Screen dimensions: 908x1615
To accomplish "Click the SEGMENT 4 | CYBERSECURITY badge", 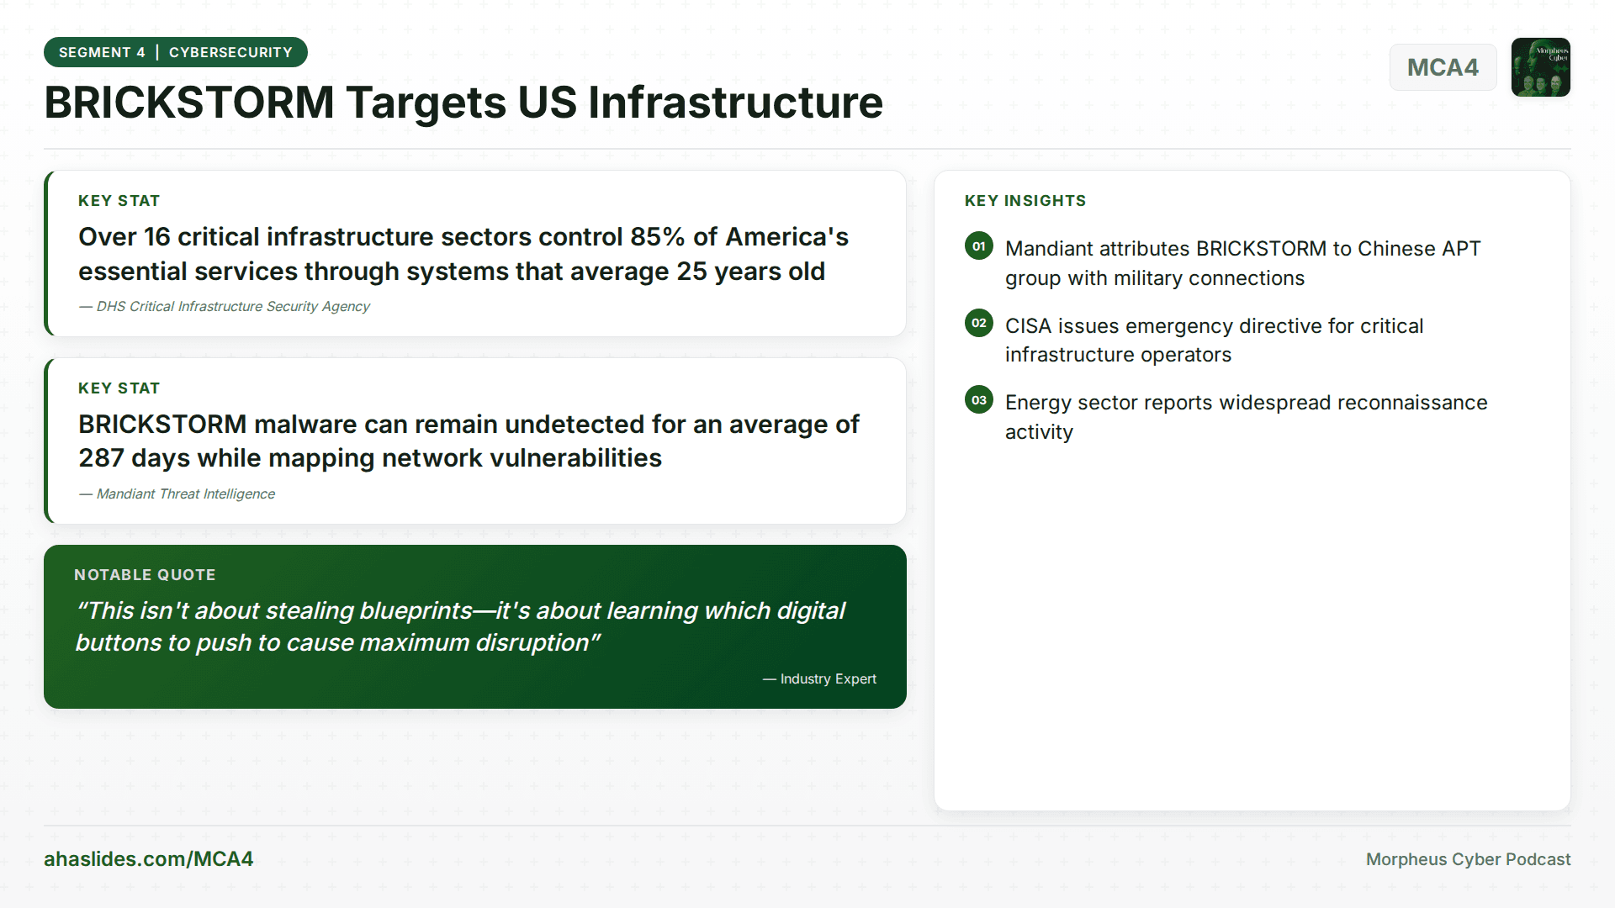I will click(175, 52).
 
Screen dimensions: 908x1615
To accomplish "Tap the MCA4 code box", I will click(1443, 67).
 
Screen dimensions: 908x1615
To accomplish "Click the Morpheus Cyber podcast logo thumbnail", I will click(1540, 67).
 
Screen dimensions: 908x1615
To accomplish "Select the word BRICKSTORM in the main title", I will click(189, 103).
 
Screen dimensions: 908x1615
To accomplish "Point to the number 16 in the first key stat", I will click(156, 237).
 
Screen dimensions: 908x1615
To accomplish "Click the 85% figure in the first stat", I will click(657, 237).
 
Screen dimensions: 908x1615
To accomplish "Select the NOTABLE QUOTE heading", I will click(145, 575).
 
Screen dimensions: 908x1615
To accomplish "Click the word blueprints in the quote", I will click(416, 611).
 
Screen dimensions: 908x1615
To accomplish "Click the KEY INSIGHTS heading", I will click(1025, 201).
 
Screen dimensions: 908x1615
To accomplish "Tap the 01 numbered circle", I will click(978, 246).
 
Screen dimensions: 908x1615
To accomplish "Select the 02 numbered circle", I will click(978, 323).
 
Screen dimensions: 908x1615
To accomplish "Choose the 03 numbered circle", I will click(978, 400).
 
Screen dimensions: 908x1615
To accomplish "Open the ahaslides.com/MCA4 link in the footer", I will click(148, 859).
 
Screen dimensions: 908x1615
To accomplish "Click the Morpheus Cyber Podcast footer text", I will click(1468, 859).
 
